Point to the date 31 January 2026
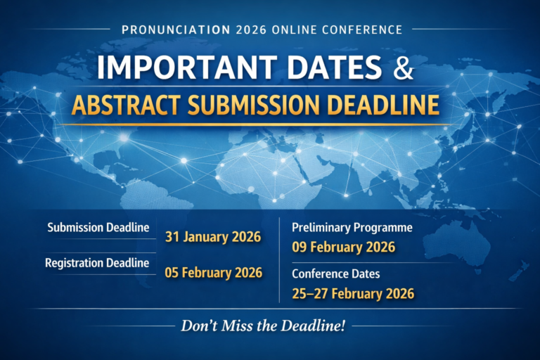click(213, 237)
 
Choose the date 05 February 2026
click(213, 272)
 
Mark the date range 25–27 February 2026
click(352, 292)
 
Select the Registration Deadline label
click(97, 263)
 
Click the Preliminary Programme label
click(351, 228)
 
